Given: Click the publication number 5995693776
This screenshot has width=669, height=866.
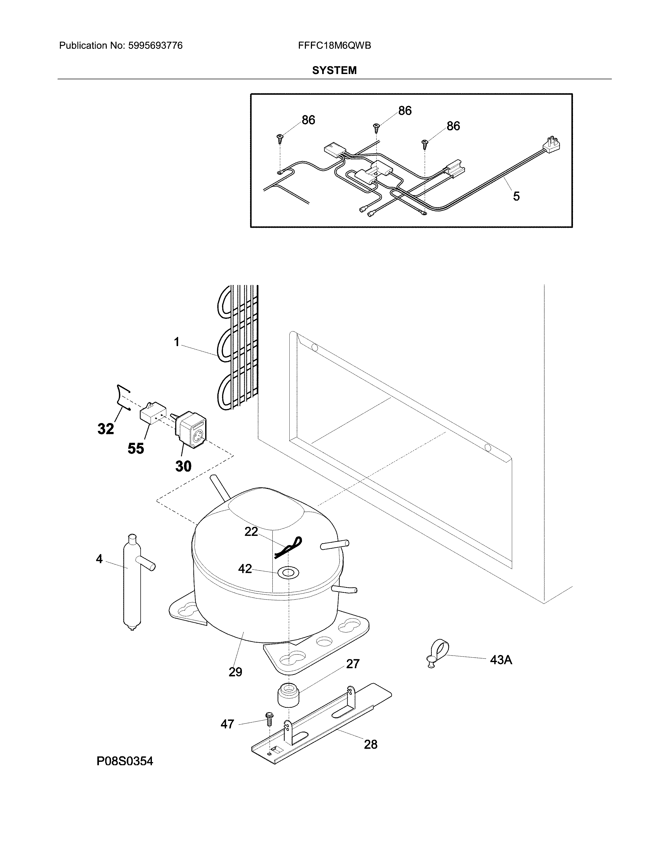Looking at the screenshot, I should (x=155, y=46).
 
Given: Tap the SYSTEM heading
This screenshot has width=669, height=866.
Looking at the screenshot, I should (x=334, y=71).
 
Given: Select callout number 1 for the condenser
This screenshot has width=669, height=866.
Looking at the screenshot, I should (x=177, y=342).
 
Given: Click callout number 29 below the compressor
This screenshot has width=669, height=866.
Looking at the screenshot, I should (x=235, y=672).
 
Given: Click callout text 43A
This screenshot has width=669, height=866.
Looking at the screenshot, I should (x=501, y=660).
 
